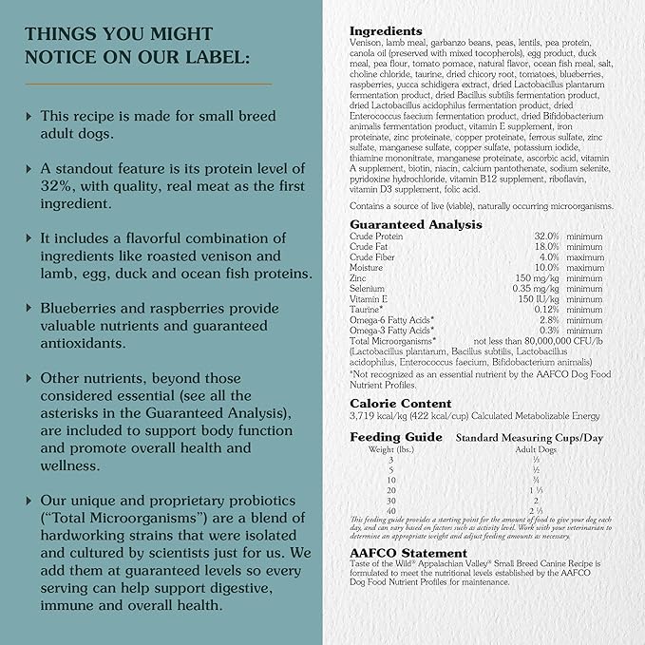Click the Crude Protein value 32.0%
(x=545, y=237)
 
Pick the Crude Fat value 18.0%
(x=545, y=247)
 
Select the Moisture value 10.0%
(x=545, y=268)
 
